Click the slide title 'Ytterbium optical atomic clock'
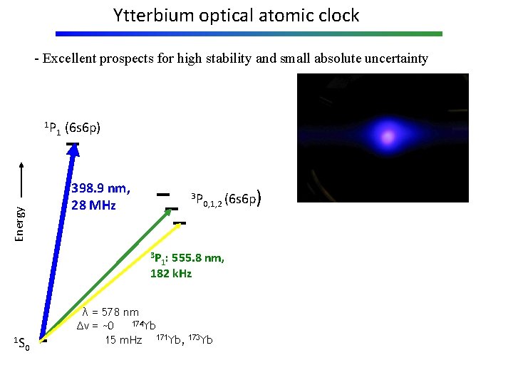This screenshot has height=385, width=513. point(236,15)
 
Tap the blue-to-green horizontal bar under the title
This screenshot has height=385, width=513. point(249,34)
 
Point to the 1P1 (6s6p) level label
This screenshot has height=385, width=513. point(72,128)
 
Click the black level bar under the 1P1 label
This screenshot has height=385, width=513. point(73,145)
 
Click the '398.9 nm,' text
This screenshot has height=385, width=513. point(100,189)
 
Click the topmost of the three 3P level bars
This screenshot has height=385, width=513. point(163,194)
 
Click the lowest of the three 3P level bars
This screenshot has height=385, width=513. point(180,223)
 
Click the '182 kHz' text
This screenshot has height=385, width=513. point(170,274)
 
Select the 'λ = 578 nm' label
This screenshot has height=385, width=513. point(110,312)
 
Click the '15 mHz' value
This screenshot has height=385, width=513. point(123,339)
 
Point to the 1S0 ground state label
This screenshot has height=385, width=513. point(22,345)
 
